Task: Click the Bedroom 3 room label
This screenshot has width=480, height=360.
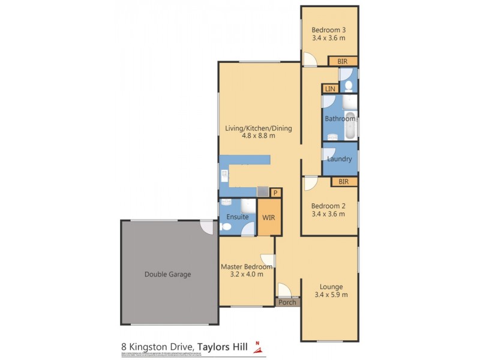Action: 328,29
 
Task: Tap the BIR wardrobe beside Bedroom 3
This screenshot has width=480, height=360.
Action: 342,61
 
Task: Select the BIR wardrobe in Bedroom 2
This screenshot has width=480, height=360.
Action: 343,181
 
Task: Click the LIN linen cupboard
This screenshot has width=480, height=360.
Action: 330,89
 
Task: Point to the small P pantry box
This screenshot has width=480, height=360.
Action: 275,193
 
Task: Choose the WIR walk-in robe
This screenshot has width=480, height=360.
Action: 268,217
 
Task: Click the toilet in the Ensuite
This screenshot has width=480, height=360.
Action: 226,227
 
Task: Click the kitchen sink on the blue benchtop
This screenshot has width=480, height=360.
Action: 224,175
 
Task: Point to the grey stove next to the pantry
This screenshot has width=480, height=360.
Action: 262,191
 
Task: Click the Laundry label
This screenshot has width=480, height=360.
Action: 340,159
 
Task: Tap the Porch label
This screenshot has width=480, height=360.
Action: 287,302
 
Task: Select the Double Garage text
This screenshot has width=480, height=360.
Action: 167,274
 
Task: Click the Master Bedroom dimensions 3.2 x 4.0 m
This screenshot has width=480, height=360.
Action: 246,275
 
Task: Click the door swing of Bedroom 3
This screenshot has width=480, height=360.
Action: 310,59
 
